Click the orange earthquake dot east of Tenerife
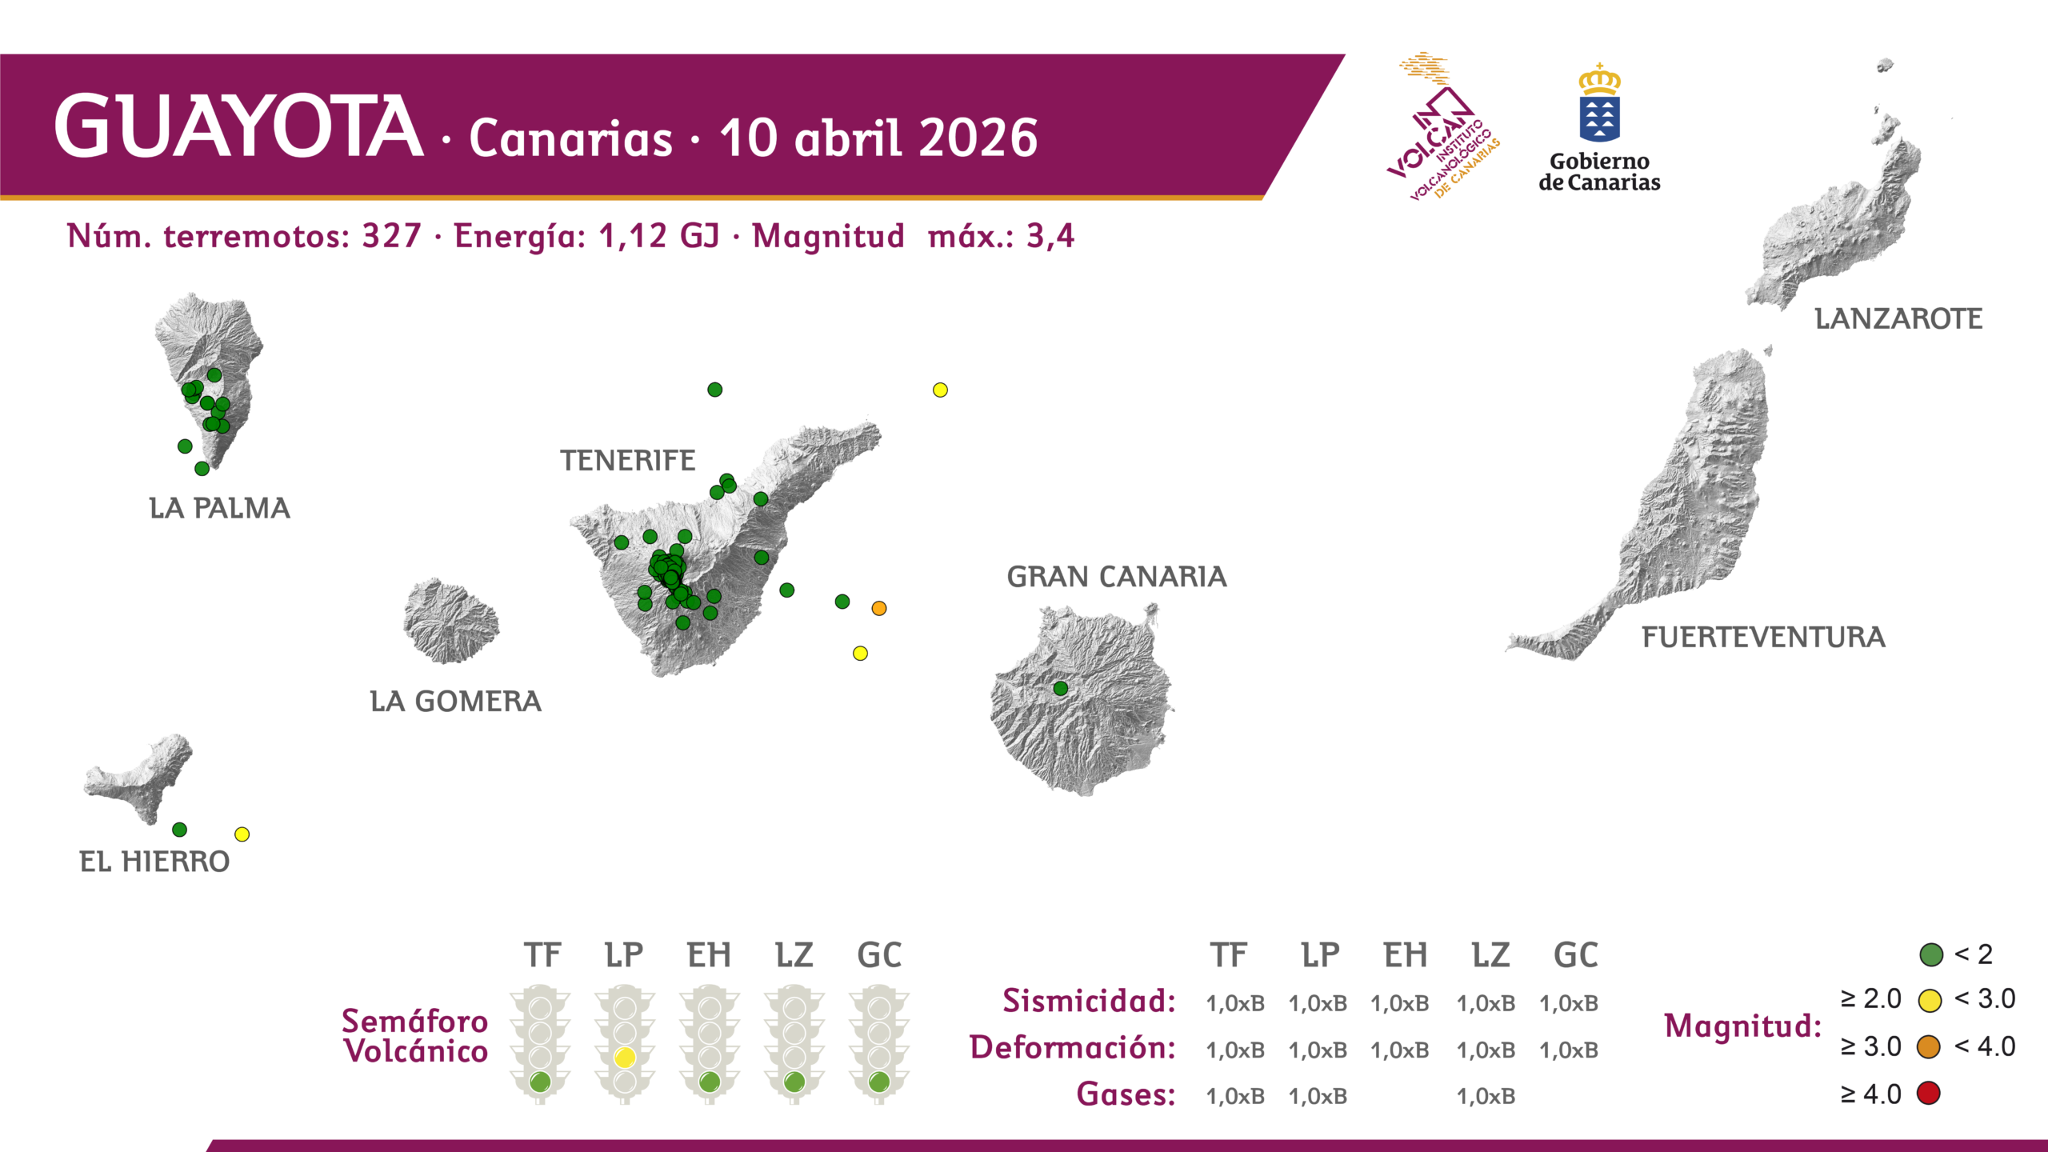878,608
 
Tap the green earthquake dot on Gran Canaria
1060,688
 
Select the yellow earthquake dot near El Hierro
242,834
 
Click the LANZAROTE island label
1898,319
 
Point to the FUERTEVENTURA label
1763,638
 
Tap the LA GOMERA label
455,702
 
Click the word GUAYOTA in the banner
238,127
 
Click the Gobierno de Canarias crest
1599,104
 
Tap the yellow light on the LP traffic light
625,1057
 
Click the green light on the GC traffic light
879,1082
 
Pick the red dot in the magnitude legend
1929,1093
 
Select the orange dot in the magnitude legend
1929,1046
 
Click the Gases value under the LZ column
1486,1096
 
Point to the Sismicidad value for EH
1399,1003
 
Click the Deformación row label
1072,1047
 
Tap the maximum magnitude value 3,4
1050,236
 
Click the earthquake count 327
391,236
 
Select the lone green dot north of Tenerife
714,390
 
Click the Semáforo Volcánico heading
414,1036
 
